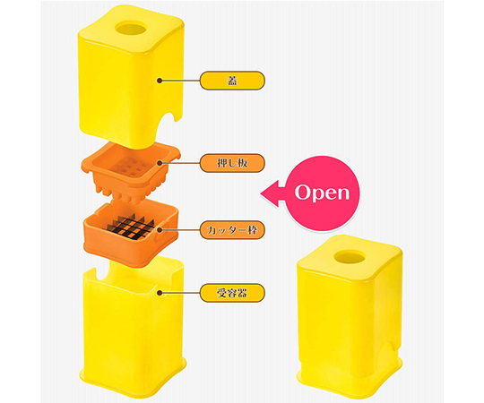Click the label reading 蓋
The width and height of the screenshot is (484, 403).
click(x=232, y=81)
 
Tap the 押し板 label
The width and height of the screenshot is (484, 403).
click(x=232, y=163)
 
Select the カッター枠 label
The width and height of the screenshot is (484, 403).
click(x=232, y=230)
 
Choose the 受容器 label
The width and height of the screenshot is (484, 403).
click(x=232, y=293)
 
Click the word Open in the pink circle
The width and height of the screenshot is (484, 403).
click(x=322, y=193)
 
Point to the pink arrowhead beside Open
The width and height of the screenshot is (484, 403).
click(x=270, y=193)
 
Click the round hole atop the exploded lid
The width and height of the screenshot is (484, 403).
click(x=130, y=29)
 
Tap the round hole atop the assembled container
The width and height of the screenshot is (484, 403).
click(x=350, y=257)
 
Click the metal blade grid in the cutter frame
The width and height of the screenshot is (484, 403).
click(x=130, y=228)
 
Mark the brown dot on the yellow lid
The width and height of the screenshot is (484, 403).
click(x=160, y=81)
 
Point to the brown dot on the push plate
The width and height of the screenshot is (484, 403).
click(x=160, y=163)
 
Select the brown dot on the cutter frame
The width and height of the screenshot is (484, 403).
click(x=160, y=230)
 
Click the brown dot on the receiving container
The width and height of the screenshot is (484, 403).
click(x=160, y=293)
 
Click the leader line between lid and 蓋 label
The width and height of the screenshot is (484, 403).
click(x=179, y=81)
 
